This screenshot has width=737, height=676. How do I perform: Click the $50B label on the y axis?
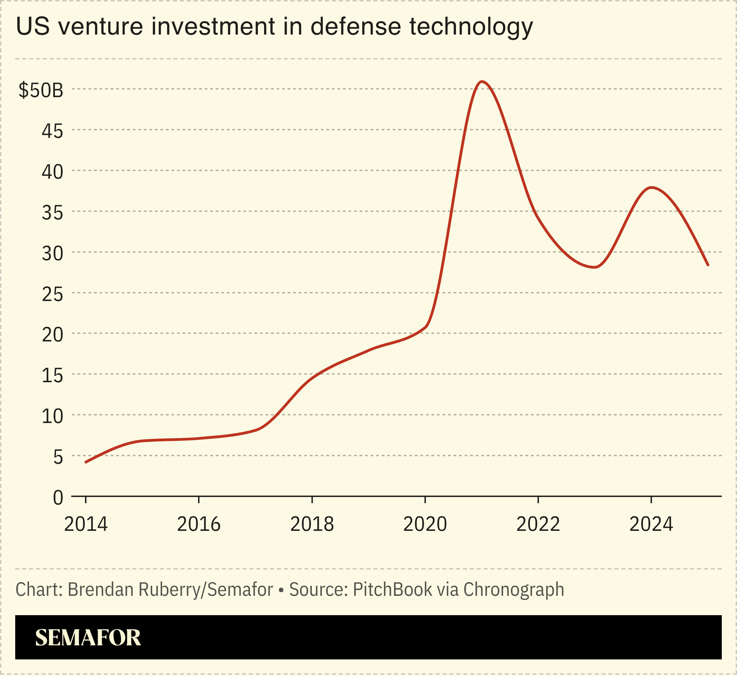(x=41, y=90)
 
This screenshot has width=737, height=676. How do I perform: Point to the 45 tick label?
(x=52, y=131)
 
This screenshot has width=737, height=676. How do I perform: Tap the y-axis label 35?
(x=52, y=213)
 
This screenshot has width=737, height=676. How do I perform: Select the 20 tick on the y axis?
(x=52, y=335)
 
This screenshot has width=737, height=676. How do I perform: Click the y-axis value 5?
(x=58, y=457)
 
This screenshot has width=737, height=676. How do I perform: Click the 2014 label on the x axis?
(x=86, y=524)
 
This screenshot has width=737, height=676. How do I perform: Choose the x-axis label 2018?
(x=312, y=524)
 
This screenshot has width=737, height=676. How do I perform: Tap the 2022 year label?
(x=538, y=524)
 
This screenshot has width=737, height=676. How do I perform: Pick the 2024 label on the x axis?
(x=651, y=524)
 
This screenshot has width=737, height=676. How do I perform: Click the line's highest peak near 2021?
(x=482, y=82)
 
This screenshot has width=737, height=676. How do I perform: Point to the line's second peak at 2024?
(x=651, y=188)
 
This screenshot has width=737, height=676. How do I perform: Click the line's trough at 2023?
(x=595, y=267)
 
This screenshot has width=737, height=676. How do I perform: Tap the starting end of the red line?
(x=86, y=462)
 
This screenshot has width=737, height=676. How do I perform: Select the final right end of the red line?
(x=708, y=265)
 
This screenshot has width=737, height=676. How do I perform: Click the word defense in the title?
(x=356, y=26)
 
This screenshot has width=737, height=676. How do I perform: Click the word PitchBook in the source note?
(x=392, y=590)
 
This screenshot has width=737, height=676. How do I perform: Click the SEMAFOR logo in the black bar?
(x=88, y=638)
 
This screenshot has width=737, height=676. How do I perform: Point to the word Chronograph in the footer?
(x=513, y=590)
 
